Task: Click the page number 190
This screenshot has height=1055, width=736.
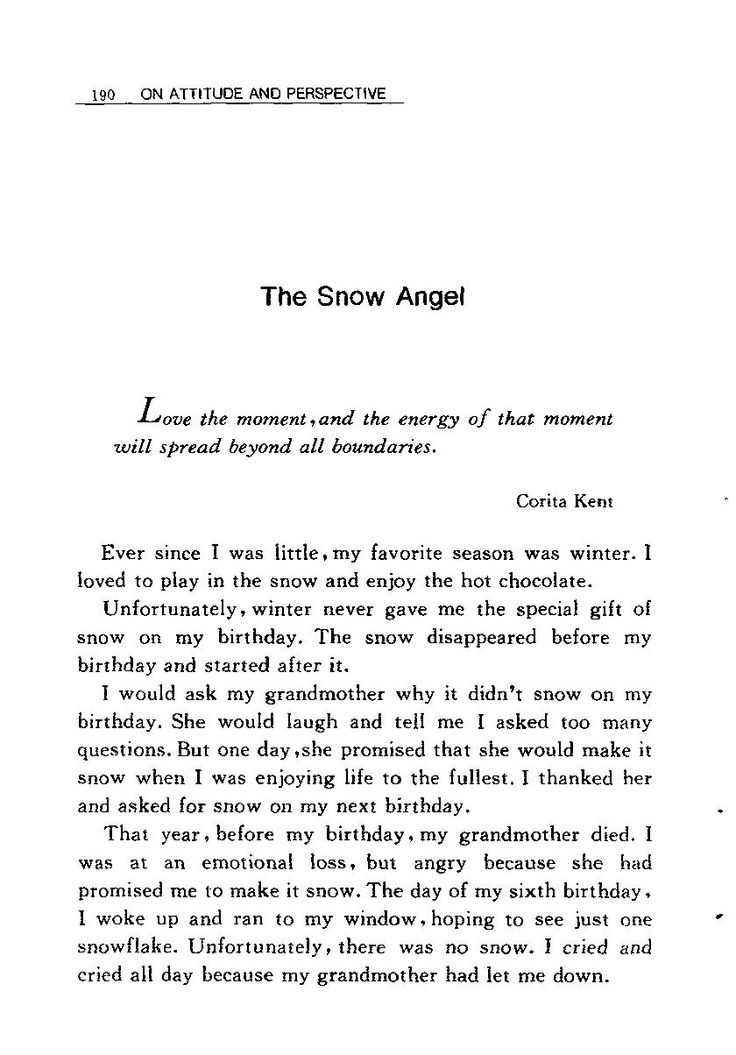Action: (x=103, y=95)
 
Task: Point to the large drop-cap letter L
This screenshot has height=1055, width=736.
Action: (x=150, y=409)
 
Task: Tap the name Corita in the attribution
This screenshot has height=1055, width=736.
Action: (x=542, y=501)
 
